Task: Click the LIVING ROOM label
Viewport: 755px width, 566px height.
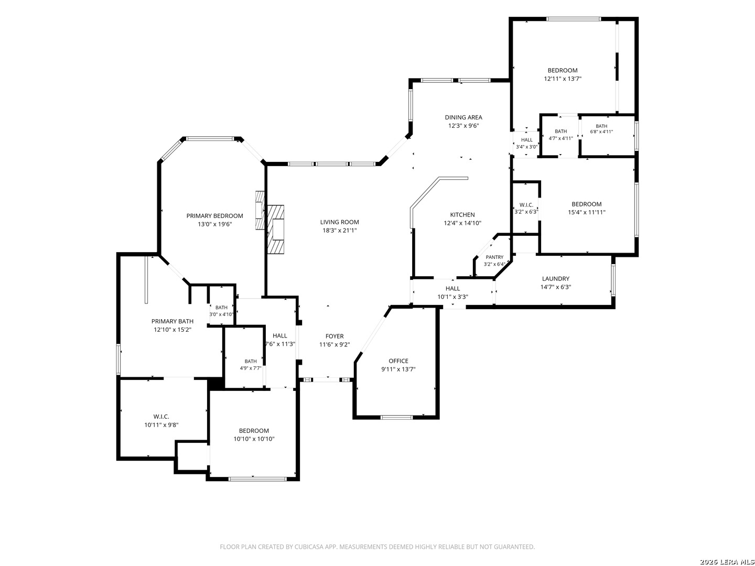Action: (339, 222)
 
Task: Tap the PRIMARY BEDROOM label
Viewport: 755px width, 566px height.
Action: (214, 216)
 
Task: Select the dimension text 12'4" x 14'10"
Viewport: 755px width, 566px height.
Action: (462, 223)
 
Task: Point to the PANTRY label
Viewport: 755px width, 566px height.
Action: (494, 257)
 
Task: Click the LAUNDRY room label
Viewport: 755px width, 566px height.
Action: (555, 279)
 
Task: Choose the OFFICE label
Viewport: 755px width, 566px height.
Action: (398, 361)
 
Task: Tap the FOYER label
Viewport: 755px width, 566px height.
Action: (335, 336)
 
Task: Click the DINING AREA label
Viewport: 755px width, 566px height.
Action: (463, 117)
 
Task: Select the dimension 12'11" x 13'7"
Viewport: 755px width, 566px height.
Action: (563, 79)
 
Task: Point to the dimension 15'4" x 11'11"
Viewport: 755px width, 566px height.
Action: (587, 212)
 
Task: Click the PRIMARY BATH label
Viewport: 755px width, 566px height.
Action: (172, 321)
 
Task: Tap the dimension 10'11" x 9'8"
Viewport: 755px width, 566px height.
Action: (161, 425)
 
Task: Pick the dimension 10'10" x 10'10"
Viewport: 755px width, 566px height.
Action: (254, 439)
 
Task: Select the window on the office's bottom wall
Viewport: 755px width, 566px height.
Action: (396, 418)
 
